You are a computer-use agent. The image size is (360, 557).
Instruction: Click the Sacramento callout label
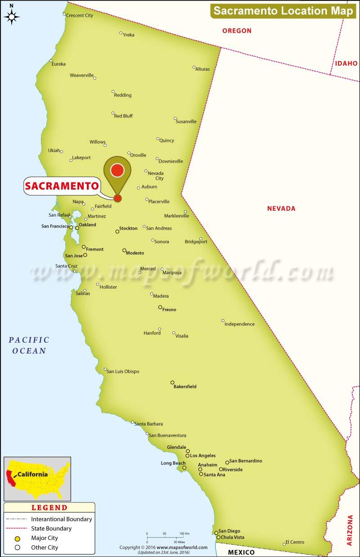coord(61,186)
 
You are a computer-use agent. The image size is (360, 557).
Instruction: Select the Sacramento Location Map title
coord(283,11)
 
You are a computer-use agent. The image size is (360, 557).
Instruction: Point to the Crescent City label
coord(79,15)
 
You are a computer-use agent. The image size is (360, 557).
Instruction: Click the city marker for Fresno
coord(160,308)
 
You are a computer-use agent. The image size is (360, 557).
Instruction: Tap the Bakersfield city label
coord(185,386)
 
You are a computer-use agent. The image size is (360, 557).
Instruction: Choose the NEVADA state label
coord(281,208)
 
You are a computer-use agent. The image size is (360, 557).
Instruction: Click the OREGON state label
coord(237,31)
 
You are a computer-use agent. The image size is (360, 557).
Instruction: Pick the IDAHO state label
coord(346,63)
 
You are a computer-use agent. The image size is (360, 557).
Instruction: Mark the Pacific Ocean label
coord(28,345)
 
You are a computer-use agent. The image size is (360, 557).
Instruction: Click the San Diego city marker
coord(216,533)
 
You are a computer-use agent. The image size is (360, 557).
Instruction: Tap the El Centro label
coord(295,542)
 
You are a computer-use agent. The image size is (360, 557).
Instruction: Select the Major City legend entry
coord(44,538)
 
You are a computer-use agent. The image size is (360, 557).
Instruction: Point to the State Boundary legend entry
coord(51,529)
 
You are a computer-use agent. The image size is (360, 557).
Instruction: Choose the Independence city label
coord(239,324)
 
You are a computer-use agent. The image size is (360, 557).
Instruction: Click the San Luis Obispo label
coord(122,371)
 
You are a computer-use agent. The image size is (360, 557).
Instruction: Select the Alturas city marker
coord(194,68)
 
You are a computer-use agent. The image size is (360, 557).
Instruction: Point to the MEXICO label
coord(241,552)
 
